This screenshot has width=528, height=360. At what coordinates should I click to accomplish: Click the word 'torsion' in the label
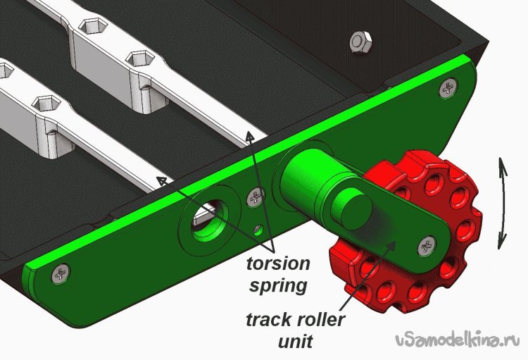click(278, 263)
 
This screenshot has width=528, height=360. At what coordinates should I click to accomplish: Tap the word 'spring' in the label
click(278, 286)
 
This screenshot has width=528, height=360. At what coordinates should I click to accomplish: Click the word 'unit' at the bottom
click(295, 342)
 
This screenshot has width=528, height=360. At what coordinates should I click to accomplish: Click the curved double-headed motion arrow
click(503, 204)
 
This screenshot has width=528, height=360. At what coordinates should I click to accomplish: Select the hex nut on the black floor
click(360, 42)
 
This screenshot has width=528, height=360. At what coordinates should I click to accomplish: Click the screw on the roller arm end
click(427, 246)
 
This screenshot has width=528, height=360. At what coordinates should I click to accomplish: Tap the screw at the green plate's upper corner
click(448, 88)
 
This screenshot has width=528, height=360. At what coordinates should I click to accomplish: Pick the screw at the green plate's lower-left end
click(61, 273)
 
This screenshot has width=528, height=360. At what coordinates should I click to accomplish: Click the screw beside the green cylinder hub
click(256, 197)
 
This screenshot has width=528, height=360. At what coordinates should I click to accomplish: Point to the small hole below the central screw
click(258, 230)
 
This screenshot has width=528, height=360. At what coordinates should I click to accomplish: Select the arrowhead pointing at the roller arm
click(391, 245)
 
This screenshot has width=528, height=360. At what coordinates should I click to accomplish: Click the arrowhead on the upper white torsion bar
click(249, 137)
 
